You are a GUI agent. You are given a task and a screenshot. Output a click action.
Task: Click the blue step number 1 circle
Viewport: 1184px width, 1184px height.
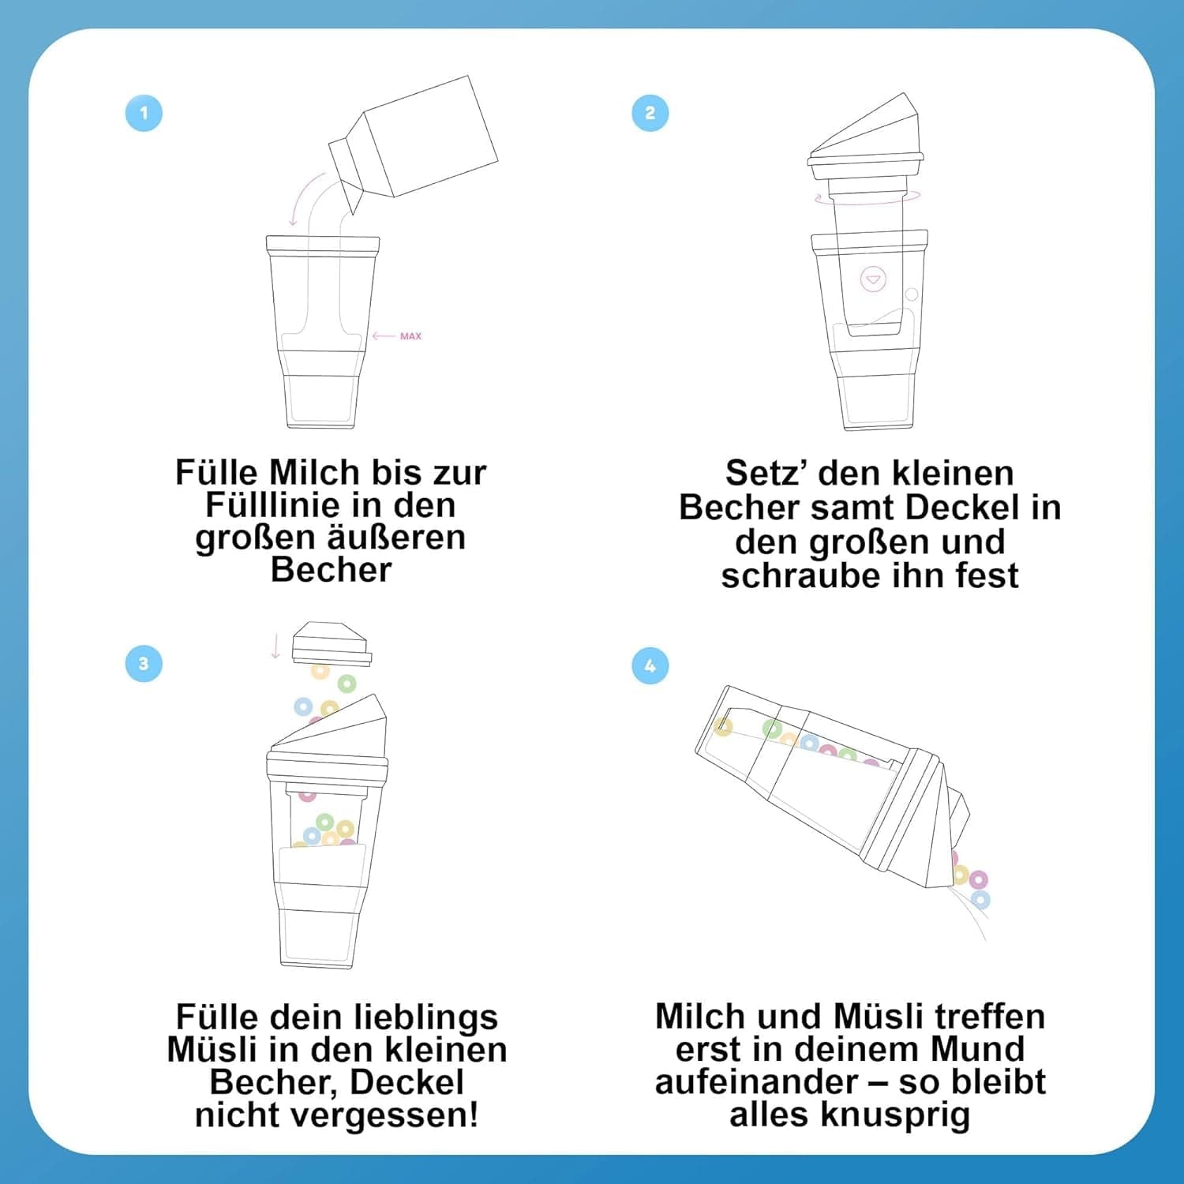(x=144, y=113)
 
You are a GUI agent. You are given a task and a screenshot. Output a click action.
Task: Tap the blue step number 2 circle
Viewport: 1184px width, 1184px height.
(x=650, y=113)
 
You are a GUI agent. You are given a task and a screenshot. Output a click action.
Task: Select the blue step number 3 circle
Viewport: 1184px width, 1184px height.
(x=144, y=664)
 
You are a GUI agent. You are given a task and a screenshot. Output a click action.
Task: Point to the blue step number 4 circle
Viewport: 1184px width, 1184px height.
(x=650, y=665)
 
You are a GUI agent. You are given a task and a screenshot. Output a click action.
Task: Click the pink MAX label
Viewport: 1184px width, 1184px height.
(x=410, y=336)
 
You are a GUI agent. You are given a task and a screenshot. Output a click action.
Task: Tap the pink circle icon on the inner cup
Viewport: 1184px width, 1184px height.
(x=873, y=279)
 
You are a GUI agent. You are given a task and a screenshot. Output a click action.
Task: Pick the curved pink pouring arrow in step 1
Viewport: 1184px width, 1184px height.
(x=304, y=197)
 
